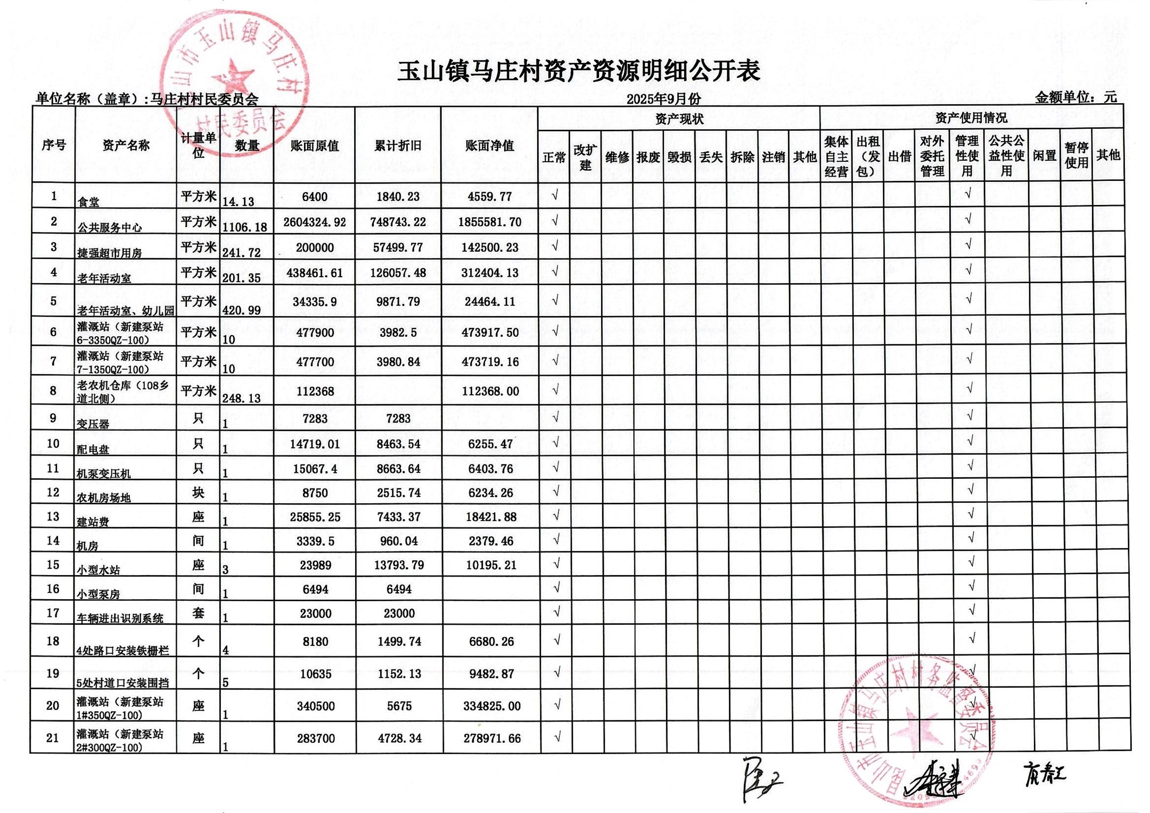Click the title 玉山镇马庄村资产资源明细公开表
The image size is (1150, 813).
coord(578,71)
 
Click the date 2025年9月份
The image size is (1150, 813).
coord(663,99)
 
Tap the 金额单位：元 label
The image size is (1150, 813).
coord(1075,97)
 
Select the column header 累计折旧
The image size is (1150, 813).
coord(398,146)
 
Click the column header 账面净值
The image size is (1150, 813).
coord(489,146)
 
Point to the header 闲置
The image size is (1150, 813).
coord(1044,156)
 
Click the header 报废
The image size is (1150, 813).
coord(648,157)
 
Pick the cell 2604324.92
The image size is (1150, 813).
coord(315,222)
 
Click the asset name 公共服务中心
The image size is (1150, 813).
coord(110,228)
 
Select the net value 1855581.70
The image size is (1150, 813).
coord(490,222)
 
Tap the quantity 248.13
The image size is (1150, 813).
coord(241,399)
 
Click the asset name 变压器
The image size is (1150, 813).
coord(93,424)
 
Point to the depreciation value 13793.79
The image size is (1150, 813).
coord(399,565)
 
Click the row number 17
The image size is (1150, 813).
coord(53,613)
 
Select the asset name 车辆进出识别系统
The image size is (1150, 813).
coord(120,618)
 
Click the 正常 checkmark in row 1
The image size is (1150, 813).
coord(554,195)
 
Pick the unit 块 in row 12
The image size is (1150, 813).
coord(198,493)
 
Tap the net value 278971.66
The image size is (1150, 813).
coord(492,739)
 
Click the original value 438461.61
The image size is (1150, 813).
coord(315,273)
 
